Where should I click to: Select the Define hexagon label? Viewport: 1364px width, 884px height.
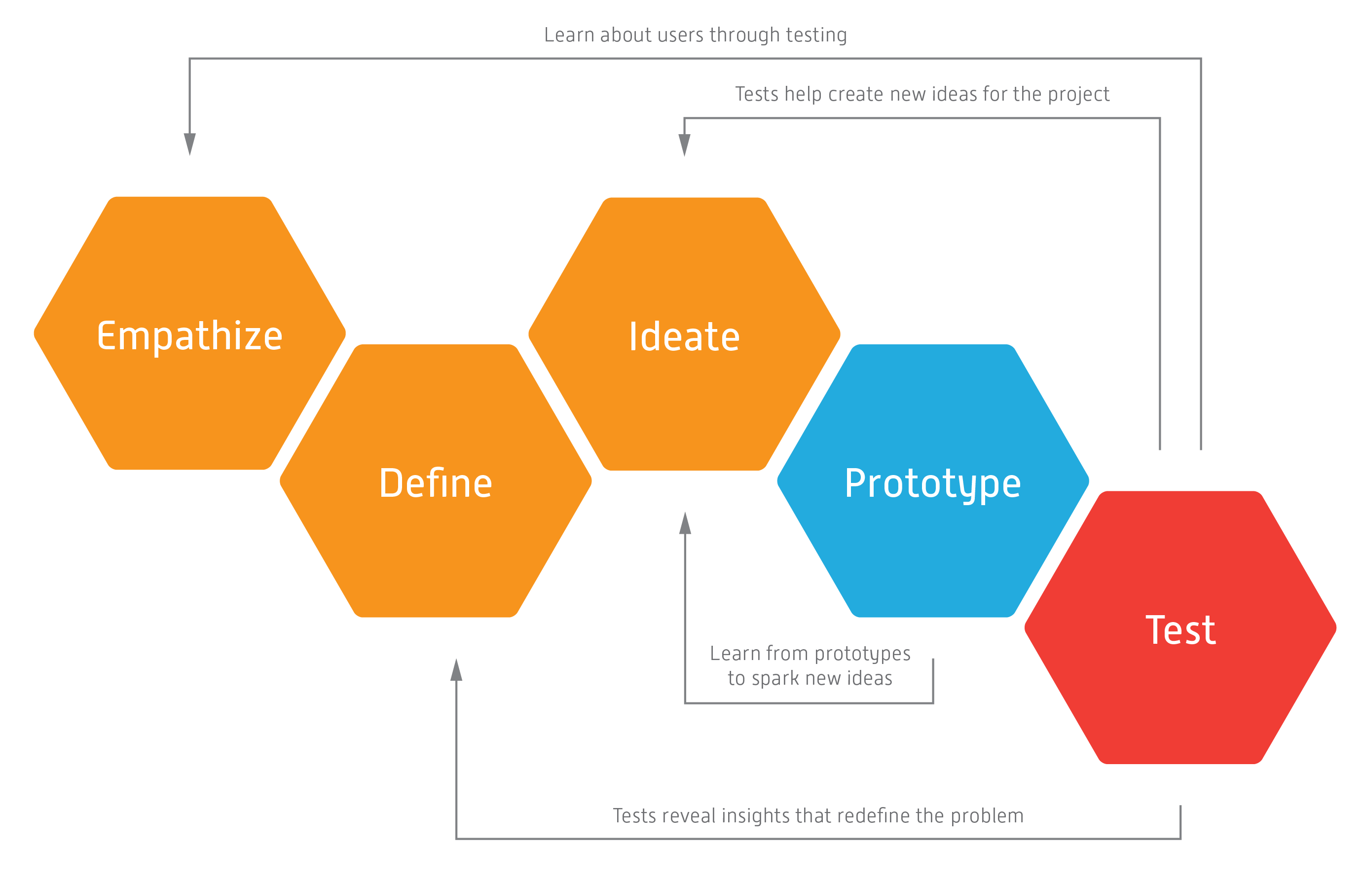tap(436, 483)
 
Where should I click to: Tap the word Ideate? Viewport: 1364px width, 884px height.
tap(684, 336)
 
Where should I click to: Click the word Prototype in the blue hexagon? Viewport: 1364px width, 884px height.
tap(932, 484)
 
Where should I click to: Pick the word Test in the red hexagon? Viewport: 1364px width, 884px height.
tap(1180, 630)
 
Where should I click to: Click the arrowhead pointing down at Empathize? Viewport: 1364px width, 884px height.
tap(190, 144)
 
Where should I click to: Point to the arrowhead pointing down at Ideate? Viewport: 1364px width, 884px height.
tap(684, 145)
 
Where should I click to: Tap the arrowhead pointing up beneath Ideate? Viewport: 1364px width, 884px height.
tap(685, 523)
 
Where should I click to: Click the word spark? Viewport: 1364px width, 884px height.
tap(775, 679)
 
